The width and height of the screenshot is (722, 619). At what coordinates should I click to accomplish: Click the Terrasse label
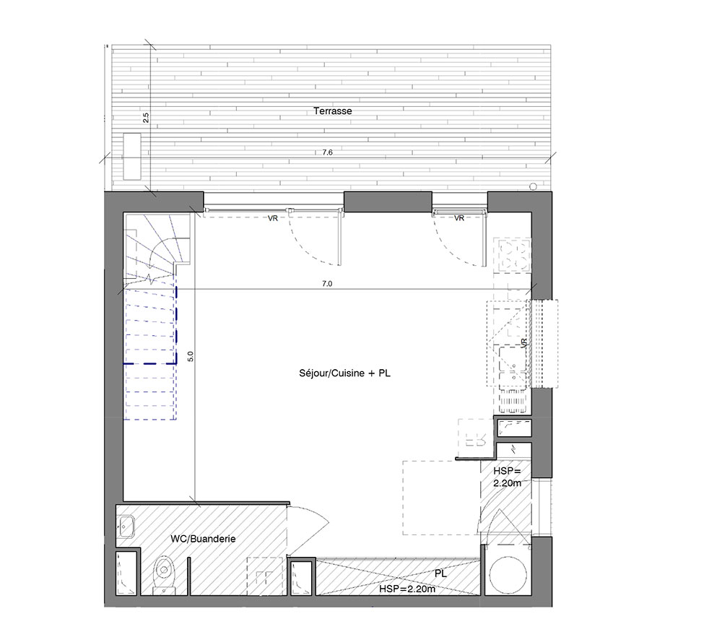[332, 111]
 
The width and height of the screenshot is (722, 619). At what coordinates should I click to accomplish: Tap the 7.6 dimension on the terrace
[327, 152]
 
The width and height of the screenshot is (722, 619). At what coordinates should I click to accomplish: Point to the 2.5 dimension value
[146, 118]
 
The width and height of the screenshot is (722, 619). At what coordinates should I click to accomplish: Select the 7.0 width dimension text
[327, 284]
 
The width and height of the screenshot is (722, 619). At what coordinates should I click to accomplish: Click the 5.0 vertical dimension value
[191, 356]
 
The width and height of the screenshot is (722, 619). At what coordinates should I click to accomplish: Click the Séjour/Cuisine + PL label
[344, 373]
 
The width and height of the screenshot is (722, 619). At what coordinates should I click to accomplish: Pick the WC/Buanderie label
[203, 538]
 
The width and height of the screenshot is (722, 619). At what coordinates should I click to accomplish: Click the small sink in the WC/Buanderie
[125, 526]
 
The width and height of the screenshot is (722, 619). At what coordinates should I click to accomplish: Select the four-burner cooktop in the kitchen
[512, 255]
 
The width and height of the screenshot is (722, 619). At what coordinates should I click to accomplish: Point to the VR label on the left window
[273, 218]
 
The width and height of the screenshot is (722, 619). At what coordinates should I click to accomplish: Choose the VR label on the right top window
[459, 218]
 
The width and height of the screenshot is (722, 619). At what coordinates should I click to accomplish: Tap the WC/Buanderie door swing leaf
[308, 530]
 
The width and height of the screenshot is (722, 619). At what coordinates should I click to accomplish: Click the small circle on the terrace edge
[534, 186]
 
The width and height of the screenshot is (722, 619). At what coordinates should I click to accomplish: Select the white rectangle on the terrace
[131, 156]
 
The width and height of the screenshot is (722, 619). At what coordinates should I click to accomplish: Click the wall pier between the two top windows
[388, 202]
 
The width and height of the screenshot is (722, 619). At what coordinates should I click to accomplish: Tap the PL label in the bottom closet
[440, 574]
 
